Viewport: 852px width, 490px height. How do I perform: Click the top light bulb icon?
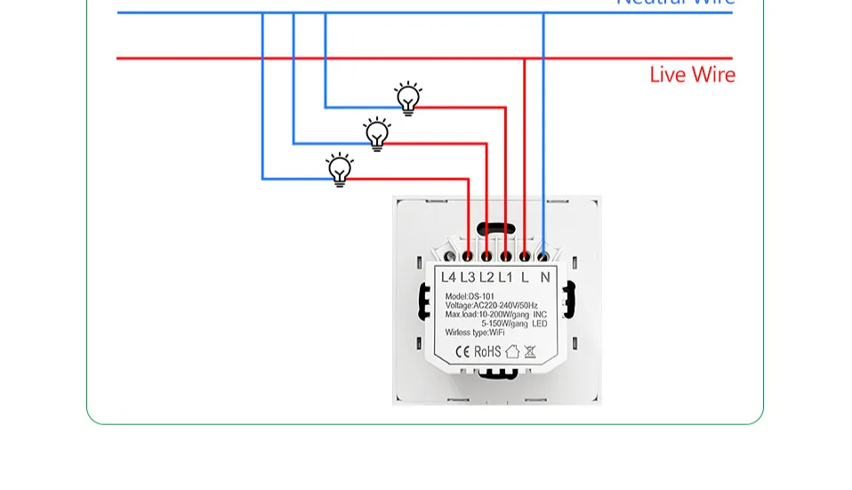click(408, 99)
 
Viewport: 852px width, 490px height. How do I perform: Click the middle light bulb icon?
click(378, 134)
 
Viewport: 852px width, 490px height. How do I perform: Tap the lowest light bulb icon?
click(340, 169)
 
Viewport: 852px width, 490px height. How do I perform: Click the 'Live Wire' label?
click(692, 75)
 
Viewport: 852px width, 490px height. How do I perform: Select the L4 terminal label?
click(448, 277)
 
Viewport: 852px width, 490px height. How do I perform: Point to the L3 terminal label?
click(468, 277)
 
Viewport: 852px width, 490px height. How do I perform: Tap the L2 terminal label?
click(486, 277)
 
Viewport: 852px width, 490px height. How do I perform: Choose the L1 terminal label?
click(505, 277)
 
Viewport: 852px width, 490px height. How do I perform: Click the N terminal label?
click(545, 277)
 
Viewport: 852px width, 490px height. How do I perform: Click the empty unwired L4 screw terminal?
click(448, 257)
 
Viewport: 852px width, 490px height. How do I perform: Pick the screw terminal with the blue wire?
click(543, 257)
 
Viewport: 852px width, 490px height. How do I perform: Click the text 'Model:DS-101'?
click(470, 296)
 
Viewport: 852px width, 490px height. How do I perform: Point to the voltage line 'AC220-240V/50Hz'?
click(504, 305)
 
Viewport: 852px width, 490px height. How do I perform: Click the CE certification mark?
click(462, 351)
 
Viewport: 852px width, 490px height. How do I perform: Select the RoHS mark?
click(487, 351)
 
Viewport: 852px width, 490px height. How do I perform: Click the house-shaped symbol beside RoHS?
click(512, 351)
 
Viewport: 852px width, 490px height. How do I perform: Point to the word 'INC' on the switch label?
click(540, 314)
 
